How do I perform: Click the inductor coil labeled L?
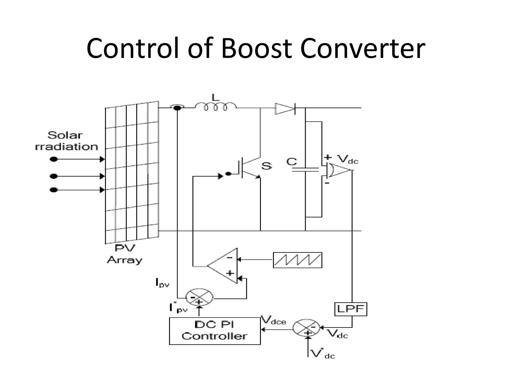215,107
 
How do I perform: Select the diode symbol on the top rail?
285,108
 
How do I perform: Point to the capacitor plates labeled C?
305,170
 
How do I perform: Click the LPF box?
350,309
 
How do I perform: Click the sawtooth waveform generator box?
297,260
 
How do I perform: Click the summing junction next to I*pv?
199,297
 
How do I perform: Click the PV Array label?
124,254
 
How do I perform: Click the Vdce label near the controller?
273,320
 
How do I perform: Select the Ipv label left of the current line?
162,283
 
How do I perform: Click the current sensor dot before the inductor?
177,108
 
